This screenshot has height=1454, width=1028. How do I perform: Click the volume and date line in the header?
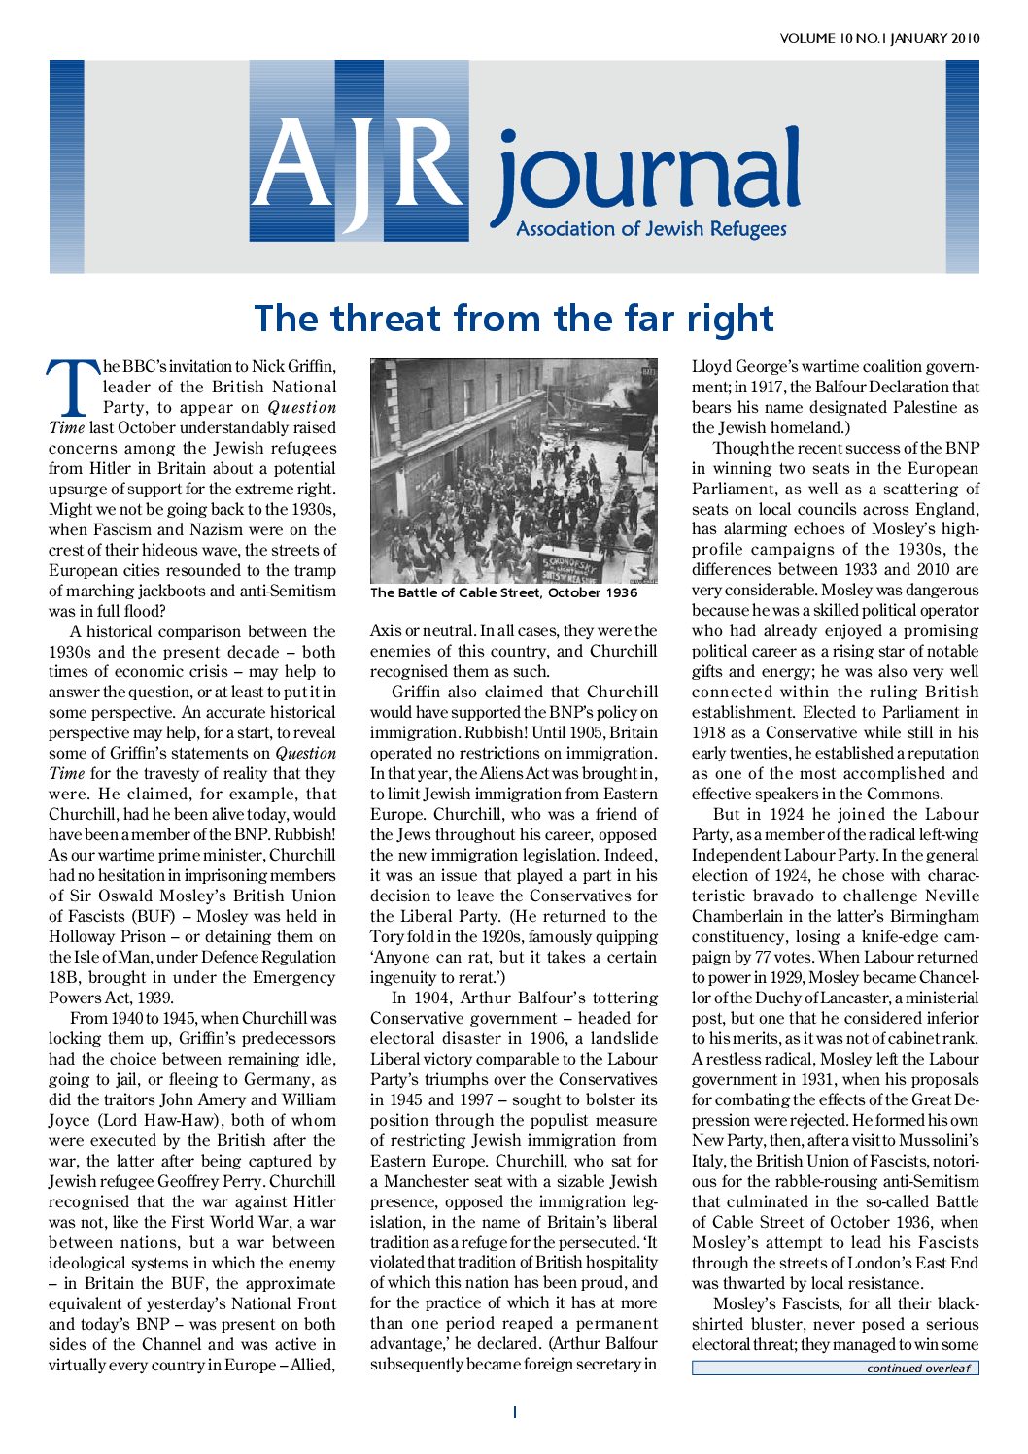click(879, 39)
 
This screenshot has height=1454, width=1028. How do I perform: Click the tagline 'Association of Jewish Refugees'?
click(651, 230)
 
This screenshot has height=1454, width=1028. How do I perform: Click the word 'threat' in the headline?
click(388, 319)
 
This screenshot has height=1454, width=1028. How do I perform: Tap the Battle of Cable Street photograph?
click(513, 471)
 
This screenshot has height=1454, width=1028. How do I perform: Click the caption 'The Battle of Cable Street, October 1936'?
click(504, 592)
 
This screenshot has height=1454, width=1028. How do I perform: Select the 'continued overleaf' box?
click(835, 1369)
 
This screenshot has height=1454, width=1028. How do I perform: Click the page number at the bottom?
click(514, 1412)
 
